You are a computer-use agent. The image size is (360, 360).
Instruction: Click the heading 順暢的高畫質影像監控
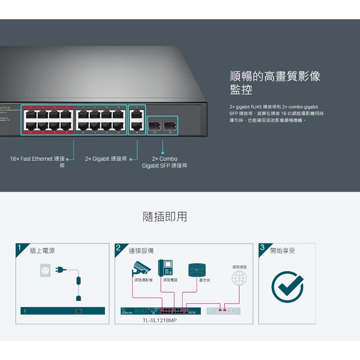tap(275, 82)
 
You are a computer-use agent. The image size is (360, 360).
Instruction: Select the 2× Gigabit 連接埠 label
tap(106, 159)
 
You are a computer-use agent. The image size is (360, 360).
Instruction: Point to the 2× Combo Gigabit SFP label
tap(165, 162)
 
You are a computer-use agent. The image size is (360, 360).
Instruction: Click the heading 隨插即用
tap(165, 217)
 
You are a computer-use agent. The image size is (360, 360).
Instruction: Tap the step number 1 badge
tap(19, 248)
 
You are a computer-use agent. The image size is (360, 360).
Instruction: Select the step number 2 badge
tap(118, 248)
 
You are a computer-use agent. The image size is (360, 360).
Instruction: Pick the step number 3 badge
tap(262, 248)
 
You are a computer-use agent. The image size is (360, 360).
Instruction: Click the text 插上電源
tap(42, 251)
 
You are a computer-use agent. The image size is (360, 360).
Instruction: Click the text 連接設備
tap(141, 251)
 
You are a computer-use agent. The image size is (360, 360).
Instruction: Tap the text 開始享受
tap(283, 251)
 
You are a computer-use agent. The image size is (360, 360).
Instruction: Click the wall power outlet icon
tap(45, 270)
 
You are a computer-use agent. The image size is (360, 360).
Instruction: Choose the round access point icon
tap(199, 270)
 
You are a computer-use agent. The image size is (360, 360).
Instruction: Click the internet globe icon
tap(239, 278)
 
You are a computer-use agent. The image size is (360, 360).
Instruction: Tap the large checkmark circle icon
tap(287, 286)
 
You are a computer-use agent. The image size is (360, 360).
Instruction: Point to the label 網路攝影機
tap(144, 280)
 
